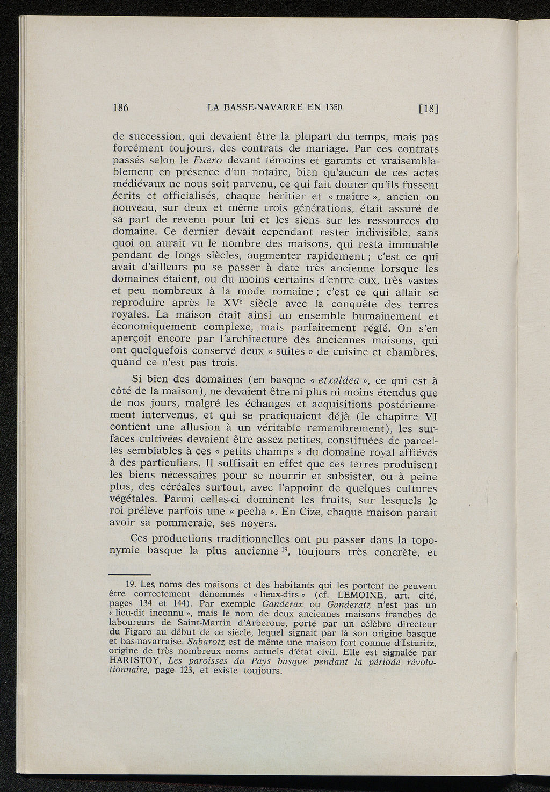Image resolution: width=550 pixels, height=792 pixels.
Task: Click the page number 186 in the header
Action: pyautogui.click(x=120, y=107)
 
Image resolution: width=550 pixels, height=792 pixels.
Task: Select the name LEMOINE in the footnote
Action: pyautogui.click(x=363, y=594)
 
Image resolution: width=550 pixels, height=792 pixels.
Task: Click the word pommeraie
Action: pyautogui.click(x=180, y=523)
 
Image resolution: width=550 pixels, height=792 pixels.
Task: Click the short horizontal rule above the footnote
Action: pyautogui.click(x=129, y=574)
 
